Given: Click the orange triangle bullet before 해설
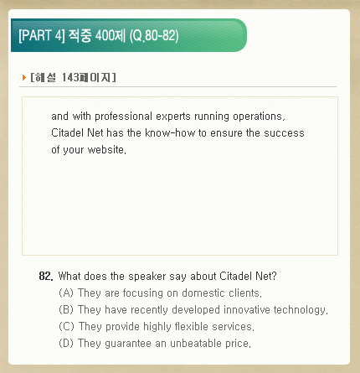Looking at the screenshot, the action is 24,77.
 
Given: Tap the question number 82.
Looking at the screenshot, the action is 46,276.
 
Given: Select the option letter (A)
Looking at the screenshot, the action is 66,293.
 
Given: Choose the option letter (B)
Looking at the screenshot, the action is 66,309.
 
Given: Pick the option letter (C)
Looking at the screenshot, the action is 66,326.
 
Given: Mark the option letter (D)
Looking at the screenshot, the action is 66,343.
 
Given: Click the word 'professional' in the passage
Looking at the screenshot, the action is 123,117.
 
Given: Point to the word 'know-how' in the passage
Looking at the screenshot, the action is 170,133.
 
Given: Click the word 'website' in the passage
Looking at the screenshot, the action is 105,150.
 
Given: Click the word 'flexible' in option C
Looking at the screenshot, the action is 192,326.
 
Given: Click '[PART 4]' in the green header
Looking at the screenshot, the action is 42,35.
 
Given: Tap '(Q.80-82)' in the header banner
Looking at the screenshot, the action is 154,36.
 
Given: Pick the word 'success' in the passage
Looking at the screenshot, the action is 284,133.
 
